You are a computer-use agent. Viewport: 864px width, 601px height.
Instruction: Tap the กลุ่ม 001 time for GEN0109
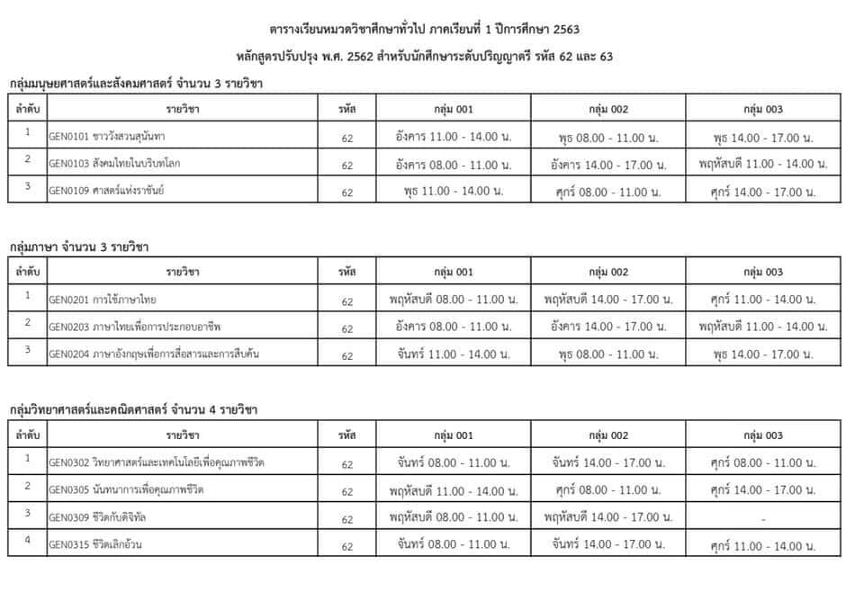[453, 191]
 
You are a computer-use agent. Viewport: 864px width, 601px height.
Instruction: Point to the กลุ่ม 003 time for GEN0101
[762, 138]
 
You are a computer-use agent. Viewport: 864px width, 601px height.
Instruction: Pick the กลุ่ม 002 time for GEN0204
[607, 354]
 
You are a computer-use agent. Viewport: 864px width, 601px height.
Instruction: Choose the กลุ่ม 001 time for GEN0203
[453, 327]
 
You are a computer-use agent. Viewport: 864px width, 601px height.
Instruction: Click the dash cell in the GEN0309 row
[762, 518]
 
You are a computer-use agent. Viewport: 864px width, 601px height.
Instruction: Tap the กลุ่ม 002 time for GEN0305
[607, 490]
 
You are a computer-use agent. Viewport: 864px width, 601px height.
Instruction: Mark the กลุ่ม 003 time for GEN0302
[762, 463]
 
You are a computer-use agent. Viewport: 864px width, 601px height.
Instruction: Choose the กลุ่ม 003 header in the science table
[762, 435]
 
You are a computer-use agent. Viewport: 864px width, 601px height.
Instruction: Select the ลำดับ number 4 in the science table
[28, 541]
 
